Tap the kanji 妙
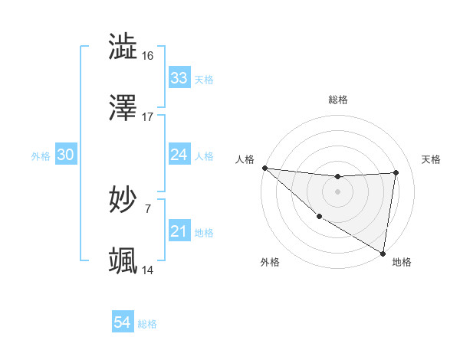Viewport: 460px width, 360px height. point(123,200)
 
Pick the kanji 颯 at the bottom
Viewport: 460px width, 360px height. point(123,261)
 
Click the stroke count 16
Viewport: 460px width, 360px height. point(148,55)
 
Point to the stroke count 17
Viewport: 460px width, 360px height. point(148,117)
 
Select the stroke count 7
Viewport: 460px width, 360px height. point(148,208)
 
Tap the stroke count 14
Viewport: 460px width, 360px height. point(148,270)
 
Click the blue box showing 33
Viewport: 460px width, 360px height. point(179,78)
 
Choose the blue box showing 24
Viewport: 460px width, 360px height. point(179,155)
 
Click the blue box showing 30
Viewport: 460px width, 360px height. point(66,155)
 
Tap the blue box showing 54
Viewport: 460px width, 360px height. point(122,323)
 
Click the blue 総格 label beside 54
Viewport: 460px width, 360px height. point(147,324)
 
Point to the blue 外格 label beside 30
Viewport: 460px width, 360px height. point(41,155)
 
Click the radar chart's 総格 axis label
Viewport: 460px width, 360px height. point(338,100)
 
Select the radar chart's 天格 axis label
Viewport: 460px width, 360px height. point(431,159)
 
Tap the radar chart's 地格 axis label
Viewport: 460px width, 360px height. point(402,262)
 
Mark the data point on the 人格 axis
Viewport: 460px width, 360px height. point(264,168)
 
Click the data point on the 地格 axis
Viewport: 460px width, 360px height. point(383,253)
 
